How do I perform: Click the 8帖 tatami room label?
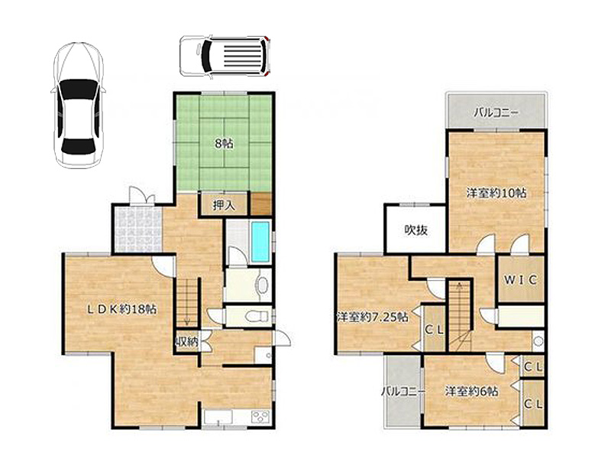pos(224,144)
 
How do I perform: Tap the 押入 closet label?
pos(224,205)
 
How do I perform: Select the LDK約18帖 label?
pos(121,310)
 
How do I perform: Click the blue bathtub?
pos(260,242)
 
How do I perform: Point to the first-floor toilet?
pos(258,316)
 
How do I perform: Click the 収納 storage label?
pos(188,342)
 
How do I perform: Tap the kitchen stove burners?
pos(260,416)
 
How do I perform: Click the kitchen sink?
pos(218,417)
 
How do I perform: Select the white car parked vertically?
pos(79,106)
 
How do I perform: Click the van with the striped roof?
pos(225,55)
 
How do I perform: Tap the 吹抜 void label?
pos(415,230)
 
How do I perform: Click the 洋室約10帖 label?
pos(496,193)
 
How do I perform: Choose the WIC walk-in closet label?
pos(521,279)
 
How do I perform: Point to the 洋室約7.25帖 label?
pos(373,317)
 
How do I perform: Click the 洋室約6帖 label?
pos(471,391)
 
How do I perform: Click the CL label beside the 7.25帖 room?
pos(434,330)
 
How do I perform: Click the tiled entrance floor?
pos(139,229)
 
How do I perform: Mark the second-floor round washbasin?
pos(538,341)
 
